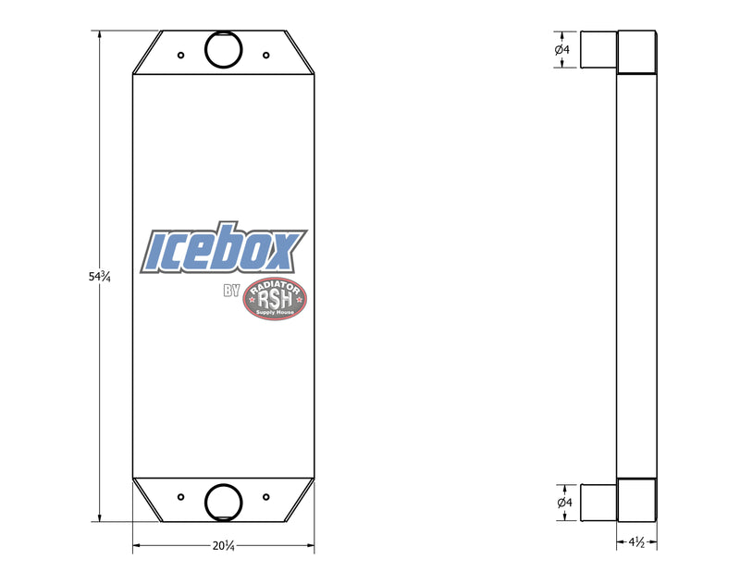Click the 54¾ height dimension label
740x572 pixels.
(x=99, y=277)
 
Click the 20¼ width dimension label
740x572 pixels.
(x=223, y=546)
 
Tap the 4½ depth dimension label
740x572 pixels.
(x=636, y=542)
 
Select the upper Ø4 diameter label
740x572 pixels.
(x=562, y=49)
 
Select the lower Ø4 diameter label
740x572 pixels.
(x=564, y=503)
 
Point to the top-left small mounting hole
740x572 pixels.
(x=180, y=56)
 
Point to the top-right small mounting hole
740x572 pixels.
(x=266, y=56)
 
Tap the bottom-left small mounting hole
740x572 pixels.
(x=180, y=497)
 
